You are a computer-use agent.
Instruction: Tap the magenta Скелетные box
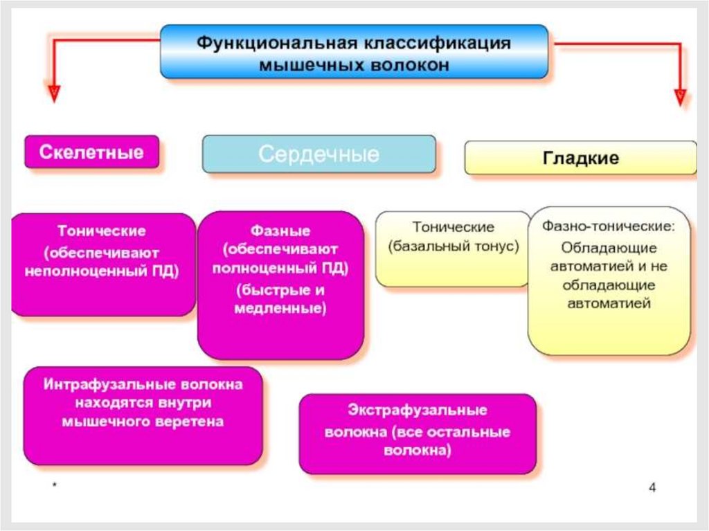tap(91, 152)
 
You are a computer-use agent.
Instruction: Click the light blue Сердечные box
tap(318, 154)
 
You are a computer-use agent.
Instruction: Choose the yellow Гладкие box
tap(580, 158)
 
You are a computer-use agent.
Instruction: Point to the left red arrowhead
tap(53, 93)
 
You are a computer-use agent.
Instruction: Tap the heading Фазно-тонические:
tap(608, 226)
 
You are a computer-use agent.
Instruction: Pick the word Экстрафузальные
tap(418, 411)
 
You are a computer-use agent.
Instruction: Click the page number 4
tap(652, 487)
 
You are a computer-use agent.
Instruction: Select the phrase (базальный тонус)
tap(454, 246)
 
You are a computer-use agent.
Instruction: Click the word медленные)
tap(280, 308)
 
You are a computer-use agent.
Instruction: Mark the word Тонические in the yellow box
tap(454, 227)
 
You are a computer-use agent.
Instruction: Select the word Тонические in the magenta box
tap(102, 231)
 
